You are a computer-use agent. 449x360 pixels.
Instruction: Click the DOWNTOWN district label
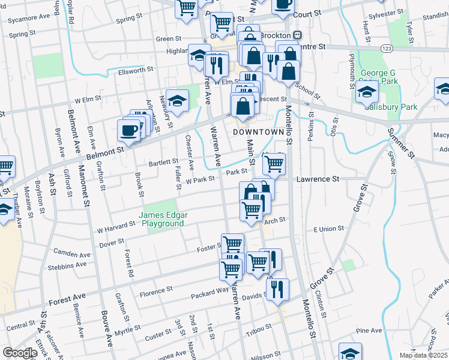coord(258,131)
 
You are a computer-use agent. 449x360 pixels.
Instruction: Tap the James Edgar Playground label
coord(161,219)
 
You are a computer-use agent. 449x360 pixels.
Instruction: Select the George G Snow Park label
coord(379,77)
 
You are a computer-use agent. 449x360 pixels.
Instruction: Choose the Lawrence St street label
coord(318,179)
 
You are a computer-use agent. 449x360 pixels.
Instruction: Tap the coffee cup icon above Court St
coord(283,4)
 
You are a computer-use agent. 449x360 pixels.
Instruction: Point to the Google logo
coord(20,352)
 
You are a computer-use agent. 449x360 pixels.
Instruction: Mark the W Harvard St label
coord(116,226)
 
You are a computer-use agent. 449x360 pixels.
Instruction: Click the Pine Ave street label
coord(369,331)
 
